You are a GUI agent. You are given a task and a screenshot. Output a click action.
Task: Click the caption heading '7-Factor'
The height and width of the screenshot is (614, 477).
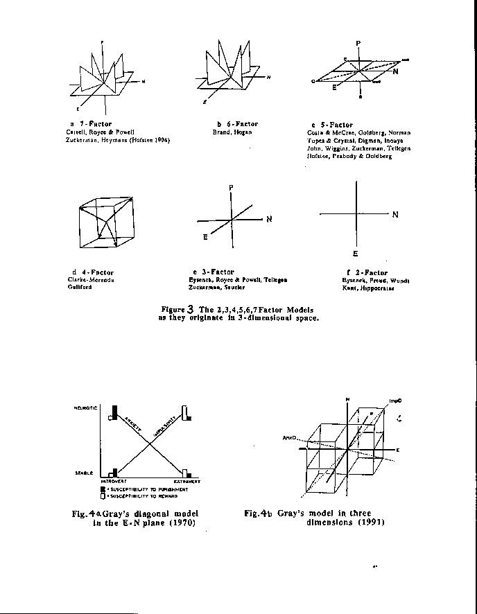(96, 124)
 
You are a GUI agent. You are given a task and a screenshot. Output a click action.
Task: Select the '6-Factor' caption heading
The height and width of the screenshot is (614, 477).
(241, 124)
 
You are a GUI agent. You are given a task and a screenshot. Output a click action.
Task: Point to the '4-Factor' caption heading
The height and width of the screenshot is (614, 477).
(96, 272)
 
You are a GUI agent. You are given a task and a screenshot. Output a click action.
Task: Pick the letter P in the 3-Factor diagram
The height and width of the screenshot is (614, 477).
(231, 188)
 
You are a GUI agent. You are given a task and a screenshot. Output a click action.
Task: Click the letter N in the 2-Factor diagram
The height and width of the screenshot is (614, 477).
(395, 215)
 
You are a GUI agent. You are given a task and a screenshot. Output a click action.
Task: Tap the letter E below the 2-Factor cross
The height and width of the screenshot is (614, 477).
(356, 254)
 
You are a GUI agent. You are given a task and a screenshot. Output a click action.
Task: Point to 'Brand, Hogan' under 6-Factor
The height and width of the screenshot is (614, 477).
(232, 132)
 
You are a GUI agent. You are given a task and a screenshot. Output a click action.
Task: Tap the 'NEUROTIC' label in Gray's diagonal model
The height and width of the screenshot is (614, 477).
(85, 408)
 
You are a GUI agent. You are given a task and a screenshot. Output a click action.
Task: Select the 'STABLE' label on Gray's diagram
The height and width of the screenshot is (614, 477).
(84, 473)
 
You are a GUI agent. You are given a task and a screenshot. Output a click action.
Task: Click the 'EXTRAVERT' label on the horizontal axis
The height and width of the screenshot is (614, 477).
(187, 481)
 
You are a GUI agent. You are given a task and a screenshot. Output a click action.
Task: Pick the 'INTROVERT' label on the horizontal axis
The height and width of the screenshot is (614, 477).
(113, 481)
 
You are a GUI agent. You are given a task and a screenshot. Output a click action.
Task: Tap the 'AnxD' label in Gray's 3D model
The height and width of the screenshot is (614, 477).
(289, 438)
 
